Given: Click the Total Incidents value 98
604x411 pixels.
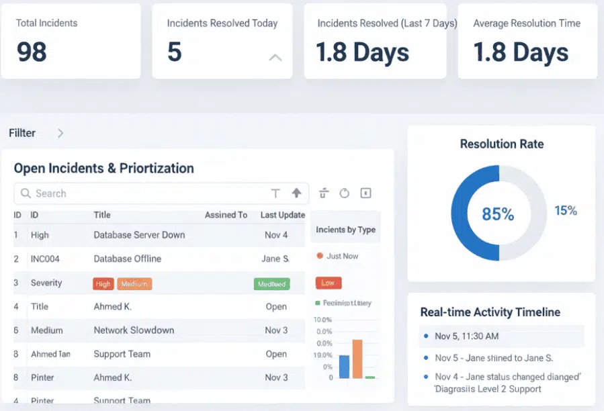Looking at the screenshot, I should [32, 52].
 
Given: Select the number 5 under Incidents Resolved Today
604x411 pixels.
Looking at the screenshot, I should [175, 52].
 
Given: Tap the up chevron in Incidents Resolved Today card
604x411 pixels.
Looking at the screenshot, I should [275, 58].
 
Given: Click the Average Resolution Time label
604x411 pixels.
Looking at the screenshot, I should [526, 24].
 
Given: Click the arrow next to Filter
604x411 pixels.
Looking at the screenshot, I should [60, 133].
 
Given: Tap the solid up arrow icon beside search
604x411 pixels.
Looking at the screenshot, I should [296, 193].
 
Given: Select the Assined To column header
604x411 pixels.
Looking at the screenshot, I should [226, 215].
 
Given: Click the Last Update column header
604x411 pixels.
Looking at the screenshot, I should [282, 215].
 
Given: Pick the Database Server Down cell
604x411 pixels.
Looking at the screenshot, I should [139, 235].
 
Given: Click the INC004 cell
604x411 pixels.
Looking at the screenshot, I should [48, 259].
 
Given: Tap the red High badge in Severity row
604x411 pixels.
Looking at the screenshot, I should [103, 284].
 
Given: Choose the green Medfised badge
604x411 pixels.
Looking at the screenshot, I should [271, 284].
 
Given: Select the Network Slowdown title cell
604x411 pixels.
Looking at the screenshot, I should [134, 330].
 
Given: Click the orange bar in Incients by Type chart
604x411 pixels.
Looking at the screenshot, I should [357, 359].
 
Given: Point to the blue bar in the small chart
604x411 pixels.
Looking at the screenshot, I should [344, 367].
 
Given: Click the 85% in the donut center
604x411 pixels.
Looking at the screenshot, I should [498, 214].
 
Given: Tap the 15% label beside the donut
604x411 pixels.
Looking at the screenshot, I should [565, 211].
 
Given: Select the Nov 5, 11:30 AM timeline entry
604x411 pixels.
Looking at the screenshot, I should [466, 336].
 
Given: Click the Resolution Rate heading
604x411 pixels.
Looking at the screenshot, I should [501, 144].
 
